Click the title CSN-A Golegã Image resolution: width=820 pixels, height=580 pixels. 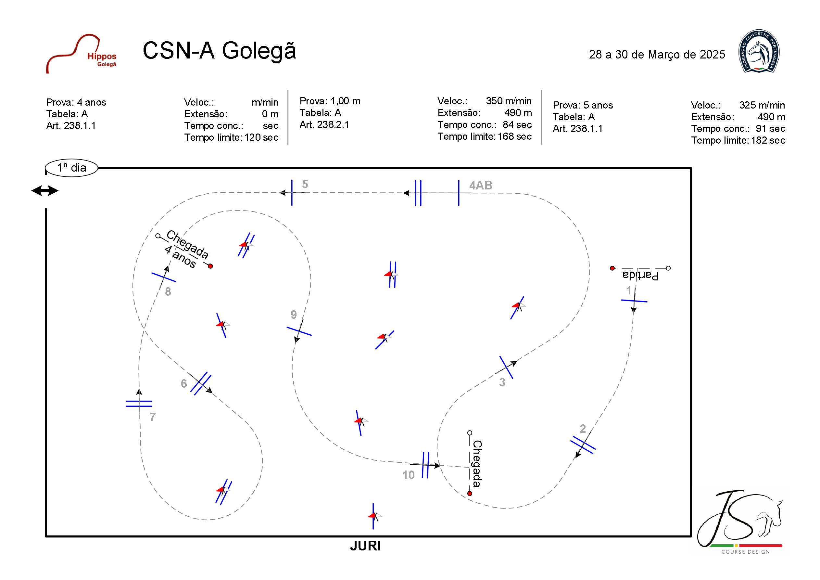pos(219,50)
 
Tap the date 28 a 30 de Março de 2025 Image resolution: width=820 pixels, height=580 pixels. pos(656,54)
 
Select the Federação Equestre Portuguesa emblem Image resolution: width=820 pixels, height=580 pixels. pos(759,51)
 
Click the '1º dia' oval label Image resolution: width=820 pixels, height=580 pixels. pos(71,168)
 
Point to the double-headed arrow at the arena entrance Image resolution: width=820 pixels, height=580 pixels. pos(45,190)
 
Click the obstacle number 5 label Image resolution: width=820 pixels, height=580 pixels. pos(305,184)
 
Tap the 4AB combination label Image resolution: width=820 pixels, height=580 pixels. pos(480,185)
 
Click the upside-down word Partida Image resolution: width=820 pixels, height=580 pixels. pos(640,276)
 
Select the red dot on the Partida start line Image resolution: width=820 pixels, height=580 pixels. pos(612,268)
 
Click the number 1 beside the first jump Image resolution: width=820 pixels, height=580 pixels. pos(629,290)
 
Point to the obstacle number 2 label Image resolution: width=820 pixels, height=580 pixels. pos(583,428)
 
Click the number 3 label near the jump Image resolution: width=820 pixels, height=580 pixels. pos(502,382)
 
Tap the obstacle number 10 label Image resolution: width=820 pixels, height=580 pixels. pos(408,475)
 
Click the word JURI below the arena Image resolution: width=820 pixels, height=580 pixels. pos(365,546)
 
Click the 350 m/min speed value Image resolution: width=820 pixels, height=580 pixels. pos(508,101)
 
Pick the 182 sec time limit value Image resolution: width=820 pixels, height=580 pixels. pos(767,140)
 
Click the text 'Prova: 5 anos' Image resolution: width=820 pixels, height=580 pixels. pos(583,105)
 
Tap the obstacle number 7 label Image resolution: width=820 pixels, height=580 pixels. pos(153,417)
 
